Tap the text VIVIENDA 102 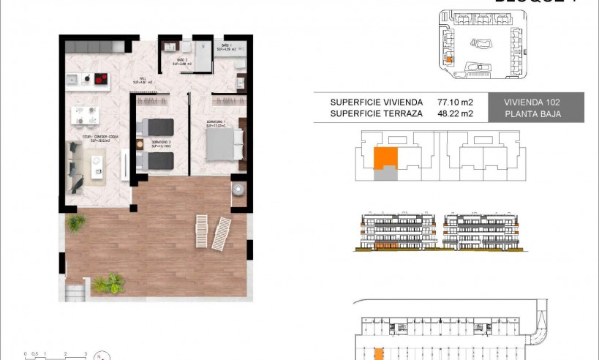click(x=535, y=102)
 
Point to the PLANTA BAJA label click(x=535, y=114)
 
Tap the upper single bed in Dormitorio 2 click(x=157, y=126)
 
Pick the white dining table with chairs click(x=84, y=115)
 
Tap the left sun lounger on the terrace click(x=202, y=231)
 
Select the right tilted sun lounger click(x=222, y=233)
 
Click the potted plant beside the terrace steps click(x=108, y=282)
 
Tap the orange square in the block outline click(x=385, y=157)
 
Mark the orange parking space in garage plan click(x=378, y=354)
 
